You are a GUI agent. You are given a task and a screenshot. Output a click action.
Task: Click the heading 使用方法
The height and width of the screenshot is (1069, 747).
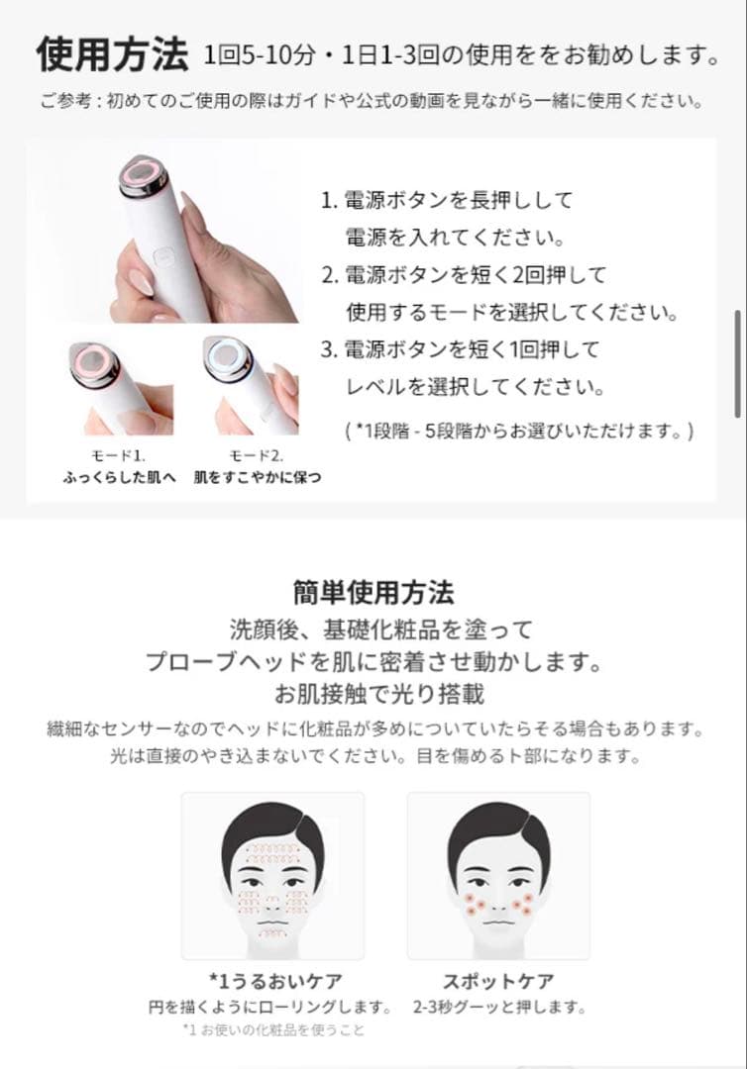pos(111,55)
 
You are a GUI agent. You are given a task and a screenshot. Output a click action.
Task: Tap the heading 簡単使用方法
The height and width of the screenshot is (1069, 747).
pos(373,593)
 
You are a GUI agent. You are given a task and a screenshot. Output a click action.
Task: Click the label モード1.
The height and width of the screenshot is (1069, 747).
pos(118,455)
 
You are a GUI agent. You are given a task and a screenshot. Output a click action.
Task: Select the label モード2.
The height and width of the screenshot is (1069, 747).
pos(257,455)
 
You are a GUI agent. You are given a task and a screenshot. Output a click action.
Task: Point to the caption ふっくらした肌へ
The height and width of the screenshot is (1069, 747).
pos(119,477)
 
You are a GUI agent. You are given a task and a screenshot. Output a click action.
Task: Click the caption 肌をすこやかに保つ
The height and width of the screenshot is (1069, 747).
pos(258,477)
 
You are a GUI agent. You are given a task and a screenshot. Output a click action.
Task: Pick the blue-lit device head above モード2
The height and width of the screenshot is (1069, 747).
pos(229,357)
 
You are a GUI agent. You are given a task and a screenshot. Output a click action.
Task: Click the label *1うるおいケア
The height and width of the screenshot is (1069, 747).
pos(275,982)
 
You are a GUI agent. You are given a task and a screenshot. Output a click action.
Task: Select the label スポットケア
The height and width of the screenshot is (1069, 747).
pos(498,982)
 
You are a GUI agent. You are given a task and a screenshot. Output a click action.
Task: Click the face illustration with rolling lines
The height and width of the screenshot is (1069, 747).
pos(272,877)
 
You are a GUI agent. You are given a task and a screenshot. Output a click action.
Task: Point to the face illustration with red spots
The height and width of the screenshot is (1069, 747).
pos(498,877)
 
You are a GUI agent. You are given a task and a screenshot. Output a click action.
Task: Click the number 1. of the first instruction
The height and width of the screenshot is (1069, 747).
pos(329,201)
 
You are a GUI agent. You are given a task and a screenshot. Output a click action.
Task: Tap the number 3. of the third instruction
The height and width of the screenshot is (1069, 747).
pos(329,349)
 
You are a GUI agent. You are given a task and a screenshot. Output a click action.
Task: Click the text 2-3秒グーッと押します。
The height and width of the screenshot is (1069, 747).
pos(498,1008)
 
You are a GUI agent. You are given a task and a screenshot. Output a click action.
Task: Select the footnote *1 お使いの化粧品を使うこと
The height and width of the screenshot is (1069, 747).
pos(273,1030)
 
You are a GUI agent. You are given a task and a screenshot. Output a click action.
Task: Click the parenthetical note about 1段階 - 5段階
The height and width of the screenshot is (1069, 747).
pos(519,431)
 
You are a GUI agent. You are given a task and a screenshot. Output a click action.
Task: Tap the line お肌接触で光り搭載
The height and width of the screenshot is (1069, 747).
pos(373,693)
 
